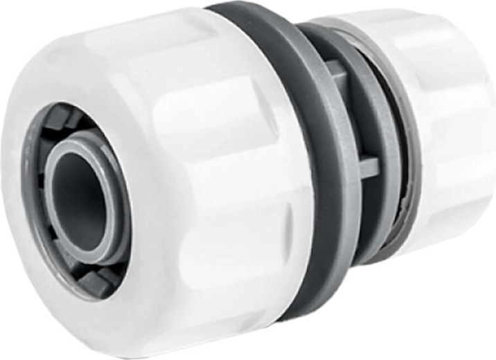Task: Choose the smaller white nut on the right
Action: point(450,125)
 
